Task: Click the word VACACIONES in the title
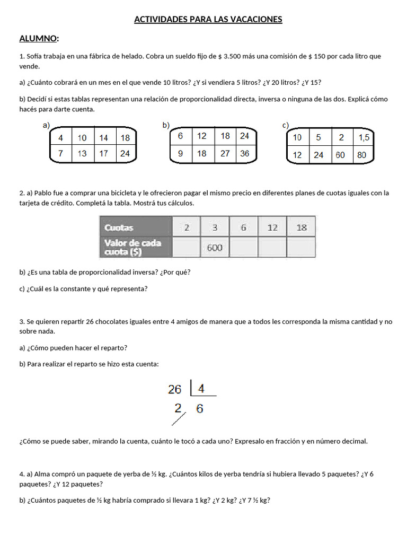pos(256,20)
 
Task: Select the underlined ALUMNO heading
pos(39,38)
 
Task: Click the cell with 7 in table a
pos(61,154)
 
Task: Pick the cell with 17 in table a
pos(104,154)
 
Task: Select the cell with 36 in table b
pos(244,154)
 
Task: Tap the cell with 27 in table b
pos(225,154)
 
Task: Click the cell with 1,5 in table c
pos(364,138)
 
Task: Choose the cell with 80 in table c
pos(362,155)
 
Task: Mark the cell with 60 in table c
pos(341,155)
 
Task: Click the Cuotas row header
pos(119,228)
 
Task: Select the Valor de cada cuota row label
pos(133,247)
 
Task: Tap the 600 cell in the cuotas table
pos(214,248)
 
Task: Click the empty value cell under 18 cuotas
pos(302,247)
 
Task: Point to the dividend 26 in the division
pos(175,390)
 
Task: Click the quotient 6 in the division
pos(199,409)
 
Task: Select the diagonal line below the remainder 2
pos(179,419)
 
